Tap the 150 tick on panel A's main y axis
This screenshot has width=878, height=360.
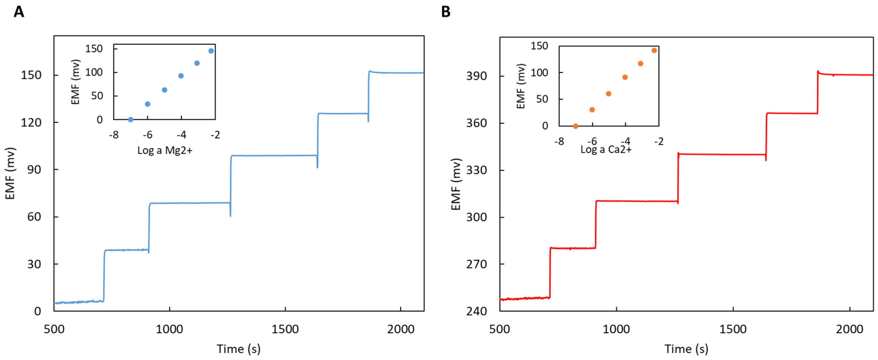coord(31,75)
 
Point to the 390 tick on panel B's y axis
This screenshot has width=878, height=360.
coord(476,76)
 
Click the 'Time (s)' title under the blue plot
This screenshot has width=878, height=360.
coord(239,349)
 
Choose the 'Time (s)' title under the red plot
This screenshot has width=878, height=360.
coord(686,349)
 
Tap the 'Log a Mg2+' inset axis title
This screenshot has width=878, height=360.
coord(165,150)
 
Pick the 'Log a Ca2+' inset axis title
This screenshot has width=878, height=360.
coord(606,149)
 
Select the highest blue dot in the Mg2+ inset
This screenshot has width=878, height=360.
coord(211,51)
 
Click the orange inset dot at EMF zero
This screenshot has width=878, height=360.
coord(576,126)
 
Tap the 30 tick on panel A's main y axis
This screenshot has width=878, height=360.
coord(34,264)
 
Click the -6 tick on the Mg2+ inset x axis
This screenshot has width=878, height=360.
coord(147,135)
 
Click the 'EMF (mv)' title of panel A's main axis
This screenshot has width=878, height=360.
coord(10,173)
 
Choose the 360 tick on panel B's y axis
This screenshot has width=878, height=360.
coord(476,123)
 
